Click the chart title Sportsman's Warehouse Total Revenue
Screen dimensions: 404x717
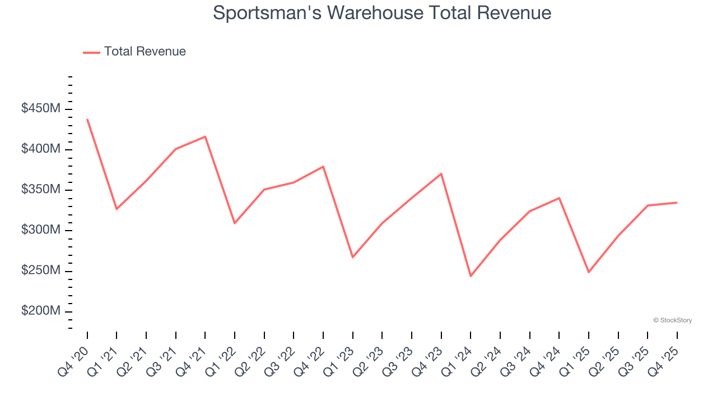coord(382,13)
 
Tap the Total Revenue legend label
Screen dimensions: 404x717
coord(145,52)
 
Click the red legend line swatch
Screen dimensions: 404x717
coord(91,52)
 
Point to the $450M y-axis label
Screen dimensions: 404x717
coord(41,108)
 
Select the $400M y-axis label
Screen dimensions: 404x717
coord(41,149)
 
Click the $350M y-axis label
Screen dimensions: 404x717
coord(41,190)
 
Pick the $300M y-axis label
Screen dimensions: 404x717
coord(41,230)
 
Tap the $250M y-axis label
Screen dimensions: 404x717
coord(41,270)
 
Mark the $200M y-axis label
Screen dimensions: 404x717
coord(41,311)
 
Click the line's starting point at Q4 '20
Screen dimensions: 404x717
coord(87,120)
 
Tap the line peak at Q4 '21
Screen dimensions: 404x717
coord(205,136)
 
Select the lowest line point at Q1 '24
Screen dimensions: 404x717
coord(471,276)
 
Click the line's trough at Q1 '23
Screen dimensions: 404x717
coord(352,257)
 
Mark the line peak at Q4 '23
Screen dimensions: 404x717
coord(441,173)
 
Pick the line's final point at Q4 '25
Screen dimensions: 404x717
coord(677,203)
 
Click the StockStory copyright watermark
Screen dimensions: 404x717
coord(672,320)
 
